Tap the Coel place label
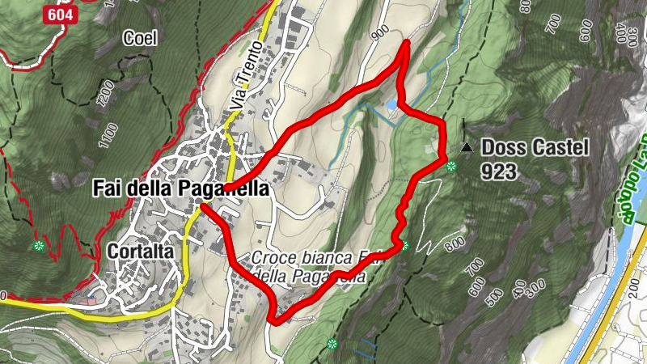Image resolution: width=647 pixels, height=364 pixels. coord(138,37)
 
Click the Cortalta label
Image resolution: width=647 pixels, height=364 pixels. coord(140,252)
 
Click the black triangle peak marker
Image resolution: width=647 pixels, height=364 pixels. coord(467,147)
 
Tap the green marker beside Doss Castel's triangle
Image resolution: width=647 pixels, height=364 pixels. coord(451,167)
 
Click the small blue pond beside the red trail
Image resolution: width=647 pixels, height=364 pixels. coord(392,105)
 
